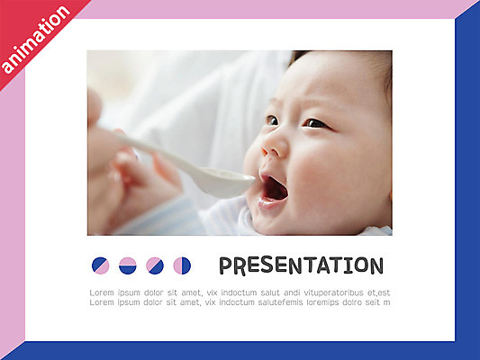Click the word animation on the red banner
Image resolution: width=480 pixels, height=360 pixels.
pyautogui.click(x=36, y=40)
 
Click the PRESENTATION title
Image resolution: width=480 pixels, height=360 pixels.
pyautogui.click(x=301, y=265)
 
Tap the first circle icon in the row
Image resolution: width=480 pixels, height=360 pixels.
pyautogui.click(x=100, y=265)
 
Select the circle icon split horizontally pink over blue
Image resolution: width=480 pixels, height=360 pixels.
pyautogui.click(x=128, y=265)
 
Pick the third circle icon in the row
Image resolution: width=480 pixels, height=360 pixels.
pyautogui.click(x=155, y=265)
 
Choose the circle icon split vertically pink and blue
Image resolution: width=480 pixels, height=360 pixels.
pyautogui.click(x=182, y=265)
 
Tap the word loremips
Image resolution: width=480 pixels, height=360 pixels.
pyautogui.click(x=330, y=302)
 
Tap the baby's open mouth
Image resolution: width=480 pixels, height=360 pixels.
pyautogui.click(x=274, y=188)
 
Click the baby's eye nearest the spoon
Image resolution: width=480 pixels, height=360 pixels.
pyautogui.click(x=272, y=120)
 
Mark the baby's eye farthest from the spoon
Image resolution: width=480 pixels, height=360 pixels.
pyautogui.click(x=314, y=122)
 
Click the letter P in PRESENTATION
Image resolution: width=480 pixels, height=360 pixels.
pyautogui.click(x=227, y=265)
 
